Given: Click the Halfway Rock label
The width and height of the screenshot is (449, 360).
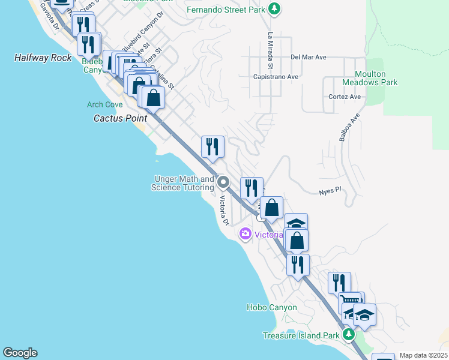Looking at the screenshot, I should pyautogui.click(x=43, y=58).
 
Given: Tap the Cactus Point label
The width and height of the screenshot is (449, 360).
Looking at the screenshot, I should pyautogui.click(x=120, y=118).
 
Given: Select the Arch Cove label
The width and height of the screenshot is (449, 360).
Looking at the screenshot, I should pyautogui.click(x=104, y=104).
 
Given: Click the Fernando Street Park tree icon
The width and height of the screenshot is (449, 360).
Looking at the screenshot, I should pyautogui.click(x=274, y=9).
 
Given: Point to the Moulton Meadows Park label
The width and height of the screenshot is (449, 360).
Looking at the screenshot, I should pyautogui.click(x=370, y=77).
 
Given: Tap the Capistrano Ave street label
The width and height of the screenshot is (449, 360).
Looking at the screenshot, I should pyautogui.click(x=276, y=77).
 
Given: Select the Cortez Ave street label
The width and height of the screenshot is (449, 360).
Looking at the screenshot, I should pyautogui.click(x=345, y=97).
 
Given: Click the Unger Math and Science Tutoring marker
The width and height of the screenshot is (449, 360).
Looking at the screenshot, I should pyautogui.click(x=223, y=182).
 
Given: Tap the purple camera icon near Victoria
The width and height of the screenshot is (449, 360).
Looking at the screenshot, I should pyautogui.click(x=245, y=234).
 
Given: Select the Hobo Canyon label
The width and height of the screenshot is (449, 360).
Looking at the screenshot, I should pyautogui.click(x=271, y=307).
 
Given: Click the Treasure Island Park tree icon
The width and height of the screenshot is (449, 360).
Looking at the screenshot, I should pyautogui.click(x=349, y=335).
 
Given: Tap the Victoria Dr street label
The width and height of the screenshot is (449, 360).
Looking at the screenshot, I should pyautogui.click(x=223, y=211).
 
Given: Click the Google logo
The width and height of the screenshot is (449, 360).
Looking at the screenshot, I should pyautogui.click(x=20, y=353).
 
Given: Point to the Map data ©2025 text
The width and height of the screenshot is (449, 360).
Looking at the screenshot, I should pyautogui.click(x=423, y=355).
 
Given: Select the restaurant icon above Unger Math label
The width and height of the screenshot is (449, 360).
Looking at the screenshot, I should pyautogui.click(x=212, y=146).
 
